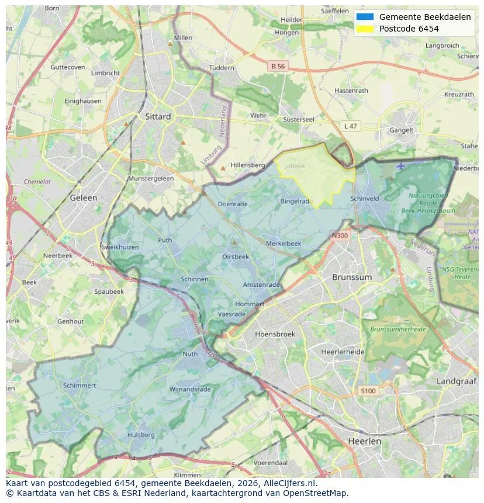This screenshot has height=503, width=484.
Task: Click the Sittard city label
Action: click(158, 116)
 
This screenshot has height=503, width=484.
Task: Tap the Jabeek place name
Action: click(295, 166)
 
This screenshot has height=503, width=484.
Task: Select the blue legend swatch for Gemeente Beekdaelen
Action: click(365, 17)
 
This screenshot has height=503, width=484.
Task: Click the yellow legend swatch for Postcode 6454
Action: click(365, 29)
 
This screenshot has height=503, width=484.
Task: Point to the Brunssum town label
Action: click(351, 277)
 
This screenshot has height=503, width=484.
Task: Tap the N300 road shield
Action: click(339, 236)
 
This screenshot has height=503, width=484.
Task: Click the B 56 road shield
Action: click(278, 67)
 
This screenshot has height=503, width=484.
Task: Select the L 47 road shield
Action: click(350, 126)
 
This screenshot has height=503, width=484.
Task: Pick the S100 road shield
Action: click(368, 391)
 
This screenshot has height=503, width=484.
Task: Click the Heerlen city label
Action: click(364, 441)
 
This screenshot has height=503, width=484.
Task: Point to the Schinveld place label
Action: click(365, 199)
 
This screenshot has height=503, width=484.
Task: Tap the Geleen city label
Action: click(83, 197)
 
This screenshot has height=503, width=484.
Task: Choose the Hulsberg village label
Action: click(141, 435)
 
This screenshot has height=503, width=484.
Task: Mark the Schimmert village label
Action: click(79, 386)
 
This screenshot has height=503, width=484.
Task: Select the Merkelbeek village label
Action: click(284, 243)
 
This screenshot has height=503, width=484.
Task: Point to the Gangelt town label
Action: click(402, 130)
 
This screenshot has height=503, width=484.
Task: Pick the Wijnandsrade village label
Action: click(189, 389)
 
